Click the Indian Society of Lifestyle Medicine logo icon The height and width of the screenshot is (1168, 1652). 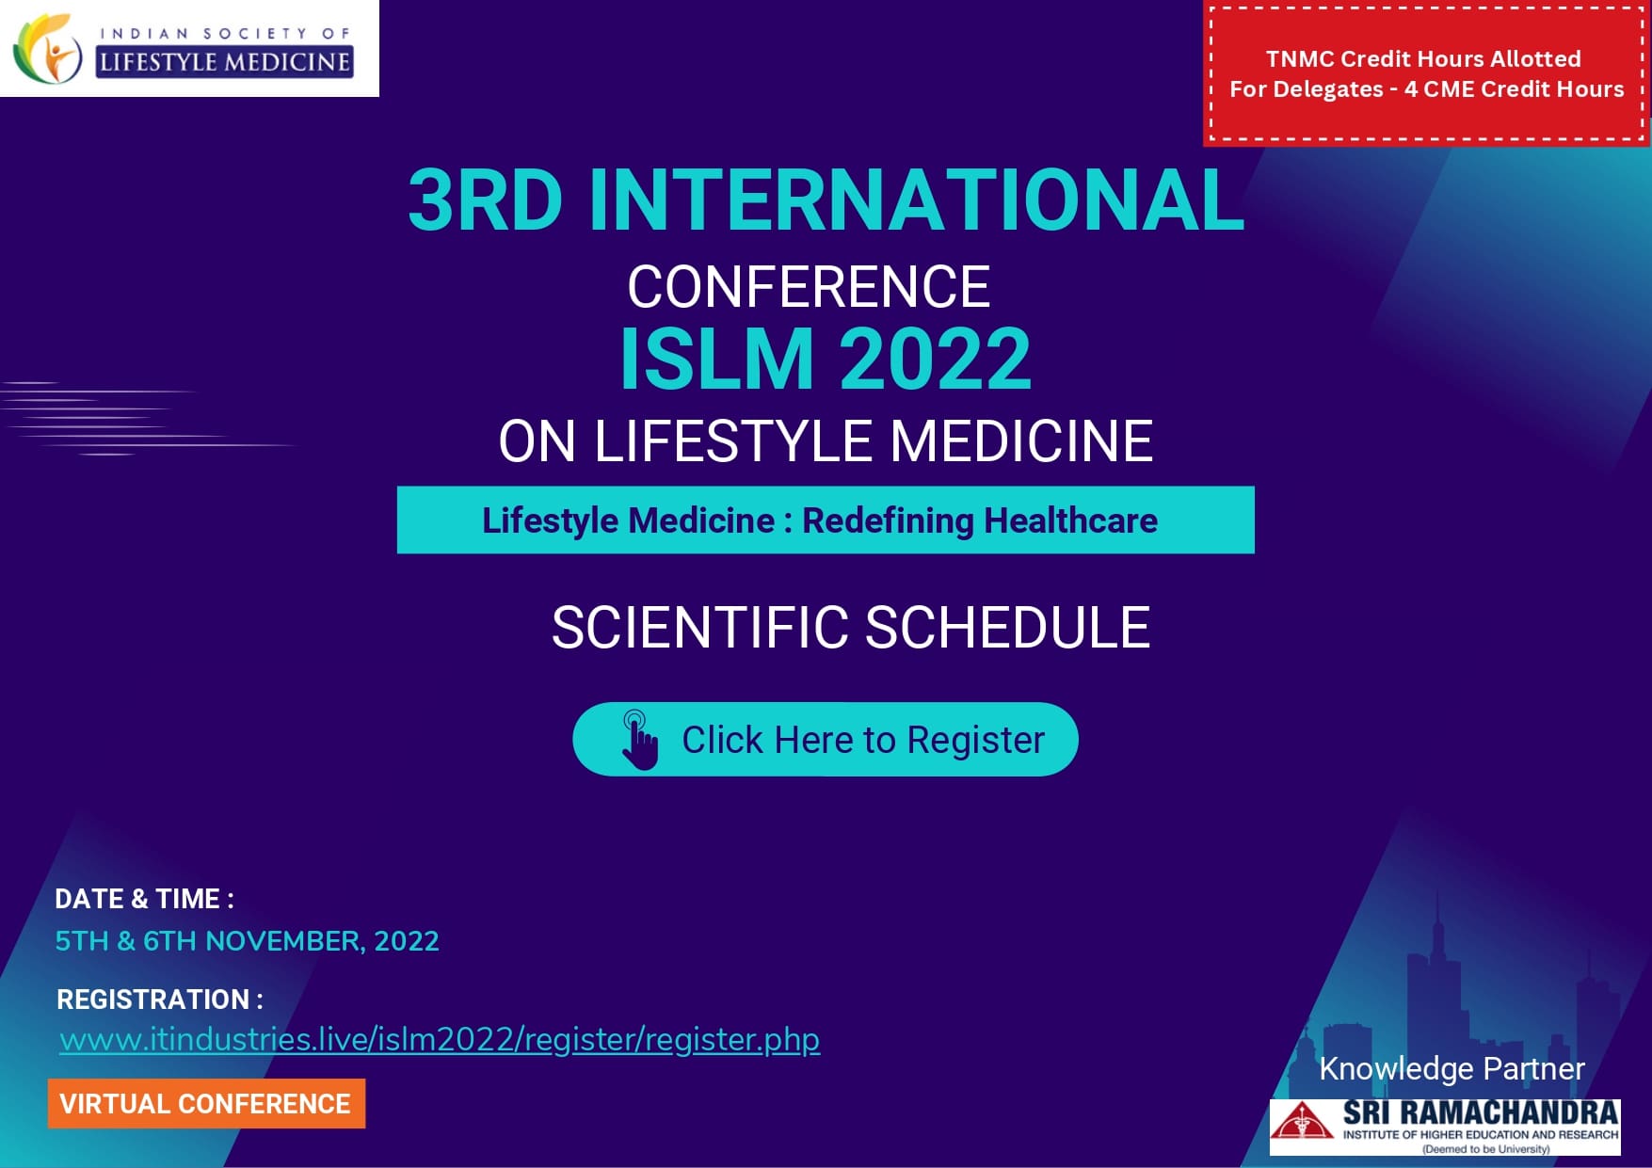pos(47,49)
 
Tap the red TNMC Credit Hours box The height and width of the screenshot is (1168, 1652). pos(1426,73)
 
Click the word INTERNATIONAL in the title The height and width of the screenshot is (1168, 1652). pos(916,200)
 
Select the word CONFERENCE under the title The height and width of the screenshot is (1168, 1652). pos(809,287)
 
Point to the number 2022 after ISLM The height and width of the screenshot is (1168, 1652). pos(935,359)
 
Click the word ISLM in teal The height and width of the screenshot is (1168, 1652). pos(716,359)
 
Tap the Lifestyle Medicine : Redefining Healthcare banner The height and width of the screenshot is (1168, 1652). pos(826,520)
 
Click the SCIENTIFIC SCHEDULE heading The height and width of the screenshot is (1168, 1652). pos(851,628)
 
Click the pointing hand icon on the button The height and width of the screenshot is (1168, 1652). pos(639,740)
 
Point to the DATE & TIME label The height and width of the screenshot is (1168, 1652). pos(144,899)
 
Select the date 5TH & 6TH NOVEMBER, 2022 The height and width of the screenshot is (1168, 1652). pos(247,941)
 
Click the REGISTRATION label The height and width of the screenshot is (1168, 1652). pos(159,1000)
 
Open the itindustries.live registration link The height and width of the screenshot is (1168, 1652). pos(440,1040)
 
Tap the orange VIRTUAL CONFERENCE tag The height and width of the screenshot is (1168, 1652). pos(206,1103)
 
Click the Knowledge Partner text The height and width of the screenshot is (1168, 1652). pos(1452,1069)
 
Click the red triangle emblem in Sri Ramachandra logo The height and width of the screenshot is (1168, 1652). pos(1302,1122)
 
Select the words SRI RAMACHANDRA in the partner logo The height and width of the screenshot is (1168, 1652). pos(1481,1112)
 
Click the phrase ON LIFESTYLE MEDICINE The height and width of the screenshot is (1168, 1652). pos(826,440)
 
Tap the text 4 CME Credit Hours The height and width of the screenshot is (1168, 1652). pos(1514,89)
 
